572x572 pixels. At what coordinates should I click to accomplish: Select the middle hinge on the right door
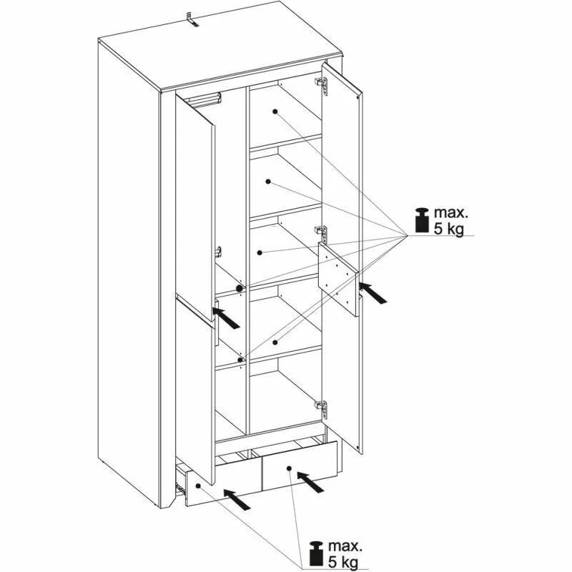(x=321, y=233)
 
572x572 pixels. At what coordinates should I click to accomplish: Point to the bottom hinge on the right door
(x=321, y=408)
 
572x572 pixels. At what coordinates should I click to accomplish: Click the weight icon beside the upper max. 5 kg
(x=422, y=220)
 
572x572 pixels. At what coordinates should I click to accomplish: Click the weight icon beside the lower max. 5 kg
(x=317, y=546)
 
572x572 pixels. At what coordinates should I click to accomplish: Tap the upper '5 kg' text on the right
(x=448, y=229)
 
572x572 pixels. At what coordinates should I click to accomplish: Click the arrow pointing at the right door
(x=373, y=292)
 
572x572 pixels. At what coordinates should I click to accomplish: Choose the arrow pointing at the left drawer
(x=237, y=499)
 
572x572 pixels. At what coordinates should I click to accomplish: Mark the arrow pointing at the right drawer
(x=310, y=481)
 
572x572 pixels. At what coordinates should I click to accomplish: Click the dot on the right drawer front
(x=289, y=468)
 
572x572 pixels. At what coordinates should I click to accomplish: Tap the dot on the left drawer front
(x=199, y=486)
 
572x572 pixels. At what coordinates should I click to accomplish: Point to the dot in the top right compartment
(x=275, y=112)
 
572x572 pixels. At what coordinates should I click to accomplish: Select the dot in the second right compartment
(x=268, y=182)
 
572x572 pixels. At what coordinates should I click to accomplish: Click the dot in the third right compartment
(x=260, y=252)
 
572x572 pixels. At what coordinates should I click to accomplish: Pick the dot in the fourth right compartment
(x=275, y=342)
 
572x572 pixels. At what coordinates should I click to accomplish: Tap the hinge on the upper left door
(x=218, y=251)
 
